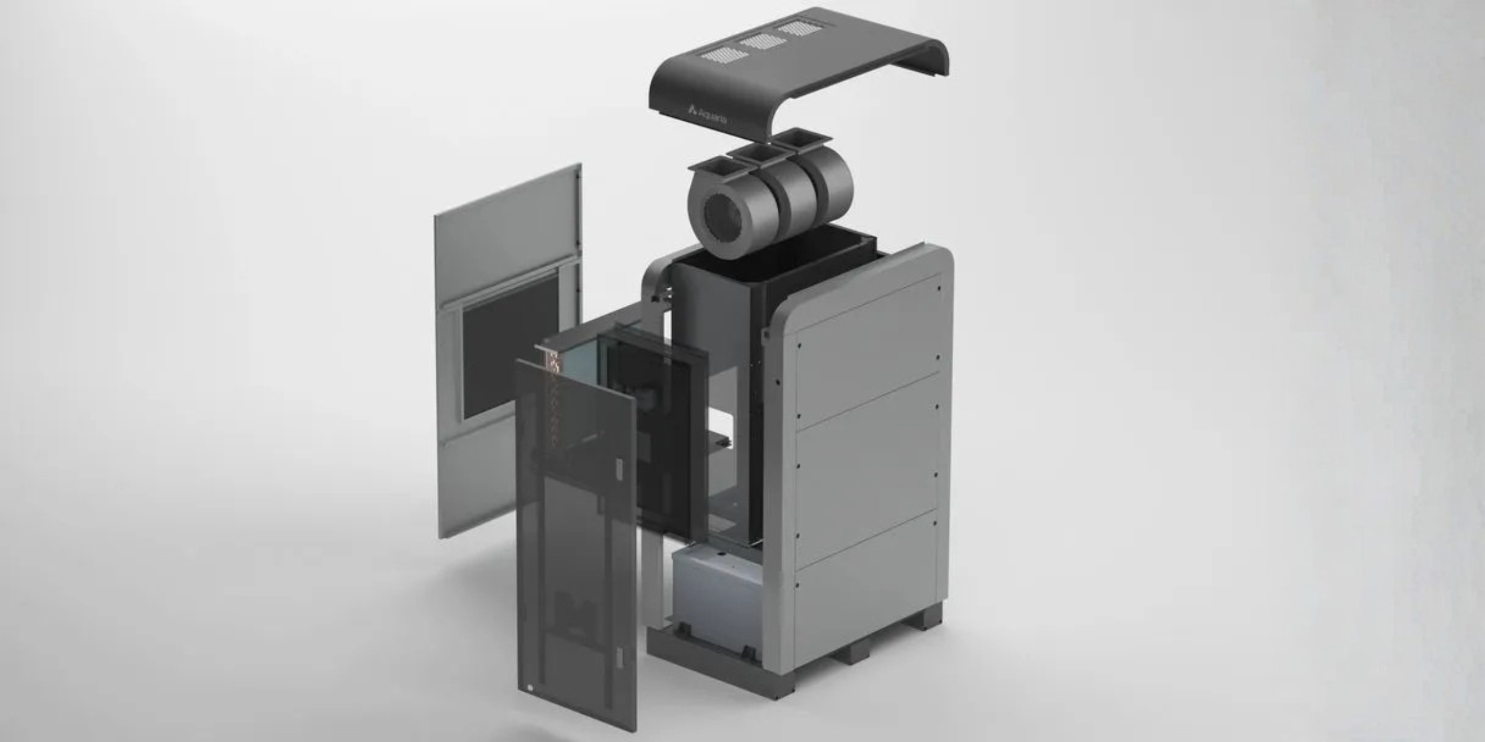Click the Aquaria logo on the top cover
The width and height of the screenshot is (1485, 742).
click(x=709, y=114)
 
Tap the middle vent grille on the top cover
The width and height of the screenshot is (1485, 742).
click(x=762, y=41)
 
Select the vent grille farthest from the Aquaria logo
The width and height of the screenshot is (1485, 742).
click(x=798, y=28)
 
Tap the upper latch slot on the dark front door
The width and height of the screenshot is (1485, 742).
click(x=618, y=467)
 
